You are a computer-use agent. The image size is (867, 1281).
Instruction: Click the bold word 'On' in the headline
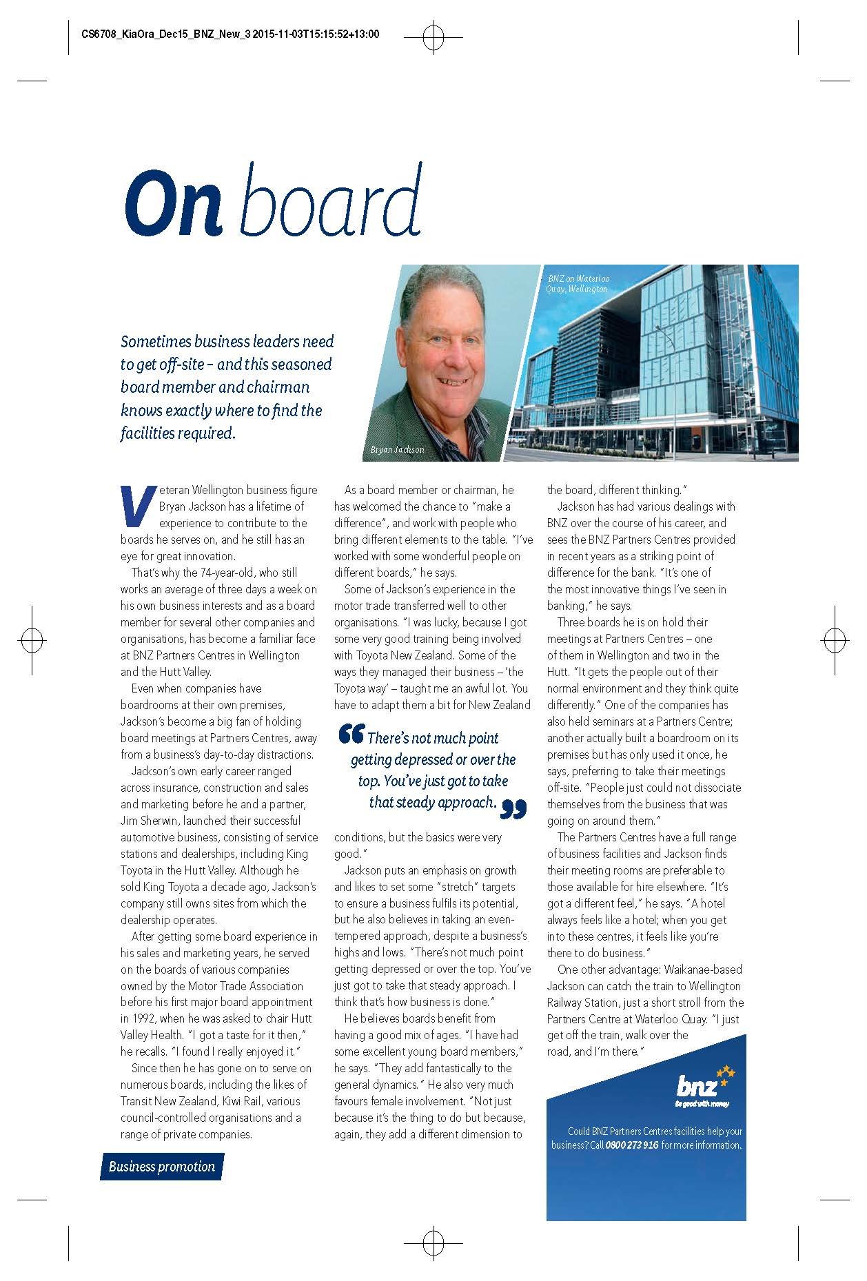click(x=174, y=202)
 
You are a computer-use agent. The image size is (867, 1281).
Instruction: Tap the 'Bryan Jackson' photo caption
click(x=397, y=449)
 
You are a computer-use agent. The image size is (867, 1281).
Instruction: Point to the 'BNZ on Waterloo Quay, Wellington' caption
click(x=578, y=284)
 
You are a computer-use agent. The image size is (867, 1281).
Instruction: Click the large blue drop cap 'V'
click(x=137, y=505)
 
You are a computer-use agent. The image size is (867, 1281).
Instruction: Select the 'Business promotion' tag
click(x=162, y=1166)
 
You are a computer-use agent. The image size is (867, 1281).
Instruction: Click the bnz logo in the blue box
click(x=697, y=1087)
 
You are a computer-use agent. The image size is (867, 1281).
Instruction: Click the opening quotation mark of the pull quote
click(x=351, y=735)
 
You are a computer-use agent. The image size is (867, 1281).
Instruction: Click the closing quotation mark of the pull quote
click(x=513, y=809)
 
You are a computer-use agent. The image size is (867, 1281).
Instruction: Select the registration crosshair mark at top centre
click(x=433, y=39)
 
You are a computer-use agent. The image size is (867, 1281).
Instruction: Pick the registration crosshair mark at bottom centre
click(x=433, y=1242)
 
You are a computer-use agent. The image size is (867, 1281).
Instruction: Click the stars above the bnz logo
click(x=726, y=1072)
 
